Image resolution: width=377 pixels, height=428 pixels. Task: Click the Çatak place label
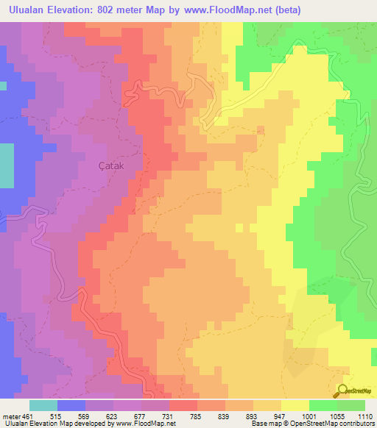(x=113, y=166)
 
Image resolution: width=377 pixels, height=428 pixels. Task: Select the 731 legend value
(x=169, y=415)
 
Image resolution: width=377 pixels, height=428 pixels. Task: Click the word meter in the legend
(x=10, y=415)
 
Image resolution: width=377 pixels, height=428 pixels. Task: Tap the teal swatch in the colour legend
(x=43, y=405)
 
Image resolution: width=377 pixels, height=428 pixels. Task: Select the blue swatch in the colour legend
(x=71, y=405)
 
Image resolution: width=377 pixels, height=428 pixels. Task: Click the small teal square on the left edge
(x=3, y=85)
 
